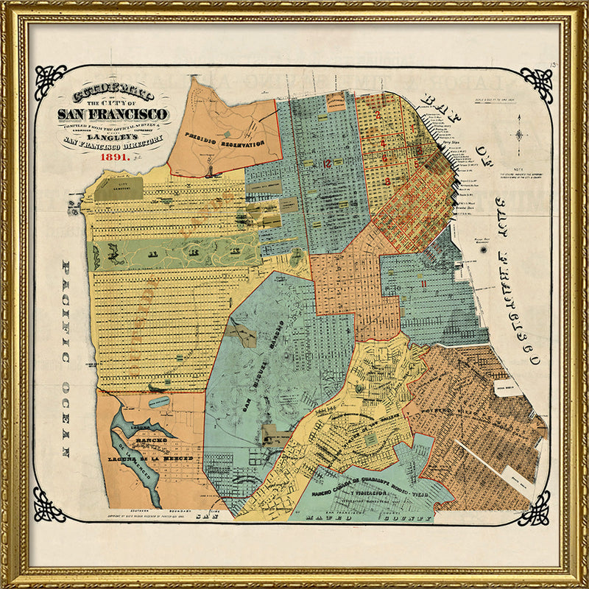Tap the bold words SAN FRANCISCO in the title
click(113, 114)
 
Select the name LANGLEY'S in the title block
click(113, 135)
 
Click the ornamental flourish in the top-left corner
click(50, 81)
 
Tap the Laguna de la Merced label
click(161, 458)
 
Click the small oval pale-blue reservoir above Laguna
click(158, 401)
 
